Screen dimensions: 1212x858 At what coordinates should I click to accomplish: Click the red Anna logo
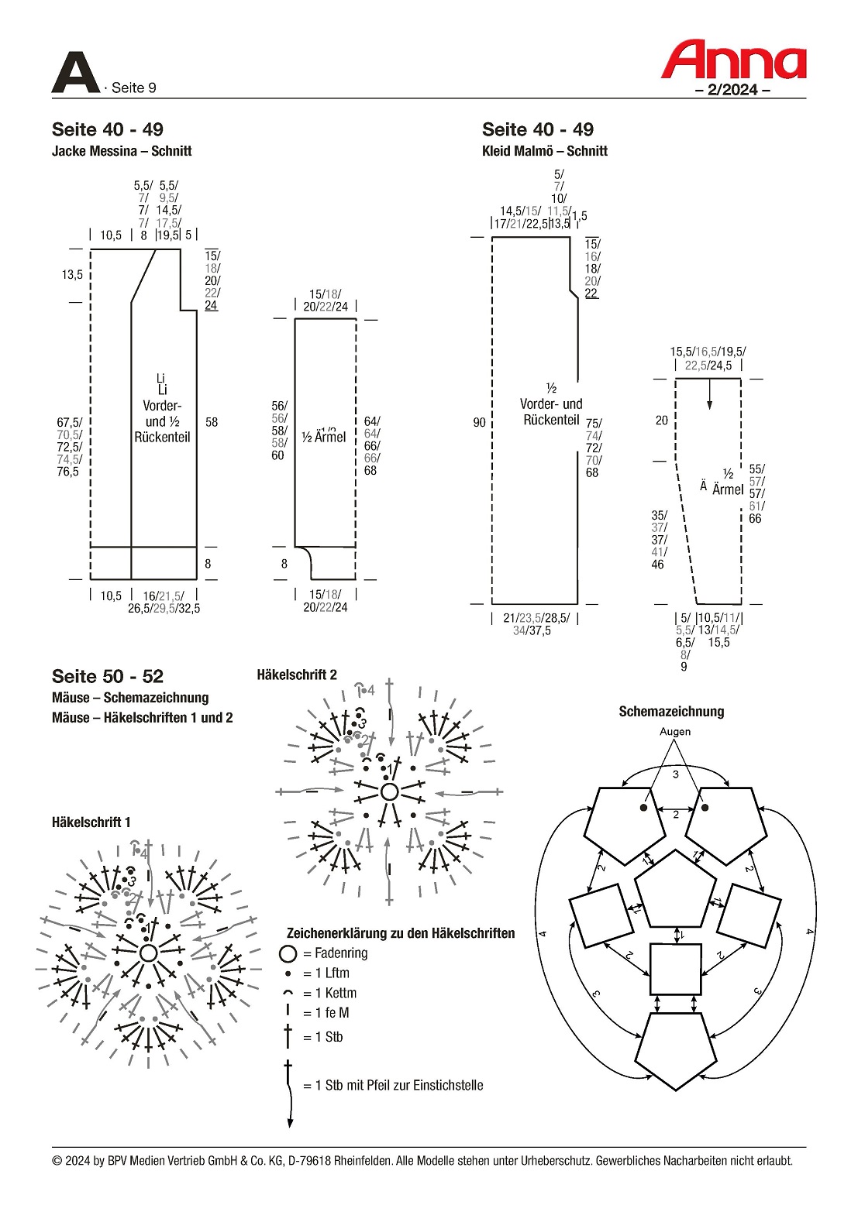click(733, 60)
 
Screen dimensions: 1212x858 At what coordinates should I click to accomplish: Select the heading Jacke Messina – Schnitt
click(122, 151)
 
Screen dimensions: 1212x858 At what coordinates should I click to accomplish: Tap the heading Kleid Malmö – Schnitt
click(544, 151)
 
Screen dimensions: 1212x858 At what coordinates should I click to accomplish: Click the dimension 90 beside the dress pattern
click(479, 422)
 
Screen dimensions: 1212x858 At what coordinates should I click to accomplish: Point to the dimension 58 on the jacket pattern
click(212, 422)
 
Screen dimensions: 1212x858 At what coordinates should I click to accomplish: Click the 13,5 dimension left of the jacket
click(72, 274)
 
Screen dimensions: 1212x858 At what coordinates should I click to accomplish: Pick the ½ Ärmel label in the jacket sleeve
click(324, 437)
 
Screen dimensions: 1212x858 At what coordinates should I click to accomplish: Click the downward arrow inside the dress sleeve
click(710, 395)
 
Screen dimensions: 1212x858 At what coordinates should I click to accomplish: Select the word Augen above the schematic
click(675, 731)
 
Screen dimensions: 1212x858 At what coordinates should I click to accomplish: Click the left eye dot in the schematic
click(643, 808)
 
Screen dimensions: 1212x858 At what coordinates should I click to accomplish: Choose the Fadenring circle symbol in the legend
click(288, 953)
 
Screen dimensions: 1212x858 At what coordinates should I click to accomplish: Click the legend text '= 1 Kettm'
click(330, 993)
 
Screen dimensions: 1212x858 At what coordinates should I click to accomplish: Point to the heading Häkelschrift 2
click(297, 675)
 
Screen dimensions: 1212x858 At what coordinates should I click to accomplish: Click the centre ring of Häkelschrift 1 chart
click(148, 953)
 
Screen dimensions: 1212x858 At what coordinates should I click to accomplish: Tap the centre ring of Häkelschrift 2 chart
click(389, 791)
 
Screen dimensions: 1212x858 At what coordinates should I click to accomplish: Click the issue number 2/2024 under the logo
click(732, 89)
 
